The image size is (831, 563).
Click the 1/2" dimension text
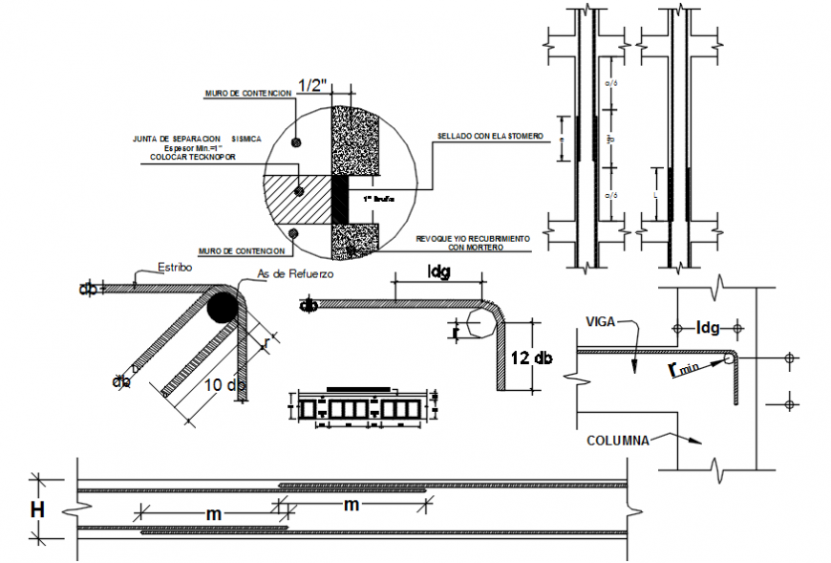pos(312,86)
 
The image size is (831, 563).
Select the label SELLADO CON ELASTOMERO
pos(489,137)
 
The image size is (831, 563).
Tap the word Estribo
pos(175,269)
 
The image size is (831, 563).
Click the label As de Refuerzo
pos(296,274)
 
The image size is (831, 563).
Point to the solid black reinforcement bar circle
pos(221,307)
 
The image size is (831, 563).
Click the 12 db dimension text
pos(530,357)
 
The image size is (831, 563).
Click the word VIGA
pos(601,321)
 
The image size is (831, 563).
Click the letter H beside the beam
pos(37,510)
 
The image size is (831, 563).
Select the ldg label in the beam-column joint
pos(708,328)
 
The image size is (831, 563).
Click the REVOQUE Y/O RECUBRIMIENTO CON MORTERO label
pos(474,243)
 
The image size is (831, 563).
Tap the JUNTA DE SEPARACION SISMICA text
pos(182,139)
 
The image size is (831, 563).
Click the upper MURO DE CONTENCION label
pos(246,94)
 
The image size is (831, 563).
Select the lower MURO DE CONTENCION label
pos(243,251)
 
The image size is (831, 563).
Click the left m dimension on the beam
pos(215,514)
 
